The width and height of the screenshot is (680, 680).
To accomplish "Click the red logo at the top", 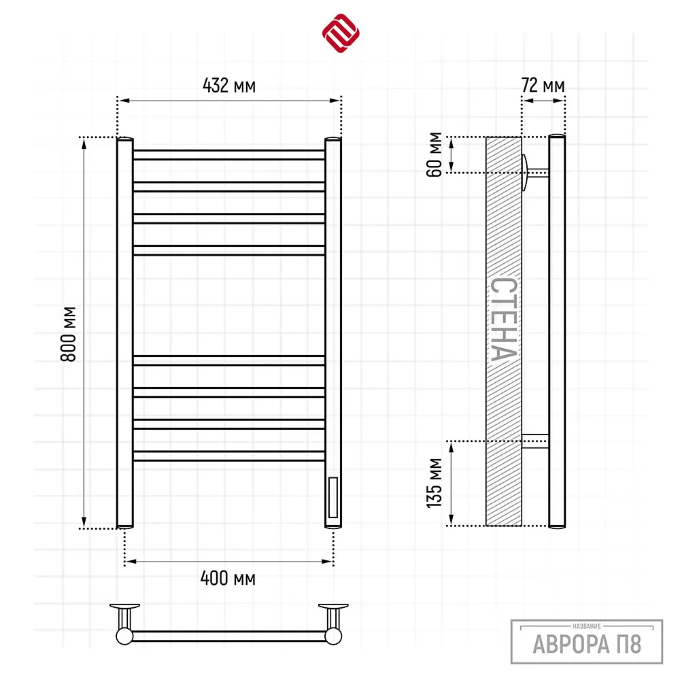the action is (341, 33).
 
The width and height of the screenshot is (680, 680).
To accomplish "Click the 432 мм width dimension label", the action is (229, 86).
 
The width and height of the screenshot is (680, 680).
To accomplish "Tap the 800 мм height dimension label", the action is (69, 334).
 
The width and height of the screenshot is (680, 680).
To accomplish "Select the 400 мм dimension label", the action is (228, 578).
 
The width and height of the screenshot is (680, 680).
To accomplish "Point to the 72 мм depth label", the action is (543, 86).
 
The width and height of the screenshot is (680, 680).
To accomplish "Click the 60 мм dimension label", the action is (434, 154).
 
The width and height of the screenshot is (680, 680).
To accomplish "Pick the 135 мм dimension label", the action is (434, 483).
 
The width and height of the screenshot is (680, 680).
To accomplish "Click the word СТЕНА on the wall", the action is (503, 319).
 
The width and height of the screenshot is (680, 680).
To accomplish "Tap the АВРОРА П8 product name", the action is (587, 644).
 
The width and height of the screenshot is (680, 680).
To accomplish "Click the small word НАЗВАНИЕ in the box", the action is (587, 626).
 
